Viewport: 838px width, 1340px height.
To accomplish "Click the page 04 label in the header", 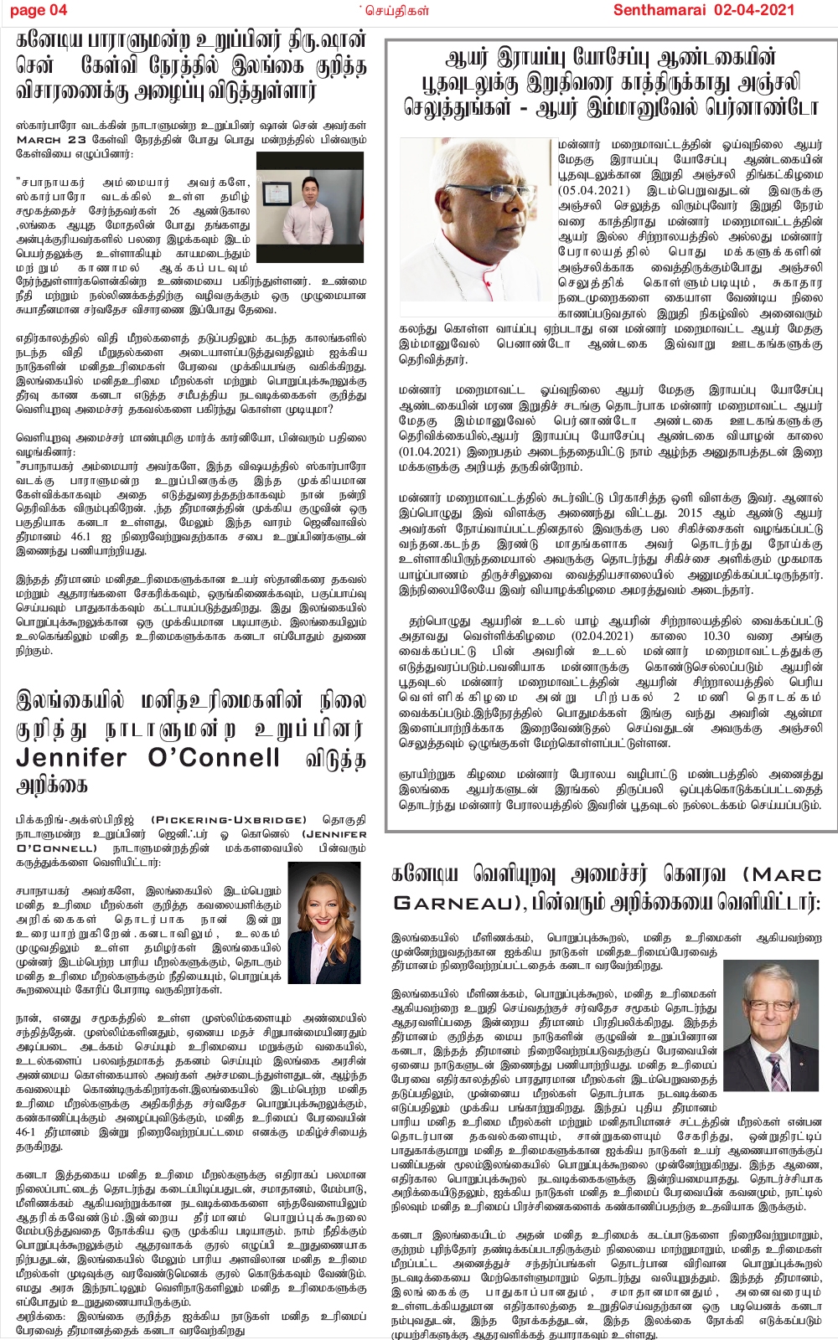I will tap(39, 10).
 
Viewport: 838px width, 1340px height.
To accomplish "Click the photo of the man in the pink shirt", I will tap(309, 209).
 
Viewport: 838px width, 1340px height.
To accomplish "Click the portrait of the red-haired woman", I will tap(323, 922).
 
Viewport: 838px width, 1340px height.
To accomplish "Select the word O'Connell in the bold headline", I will tap(213, 758).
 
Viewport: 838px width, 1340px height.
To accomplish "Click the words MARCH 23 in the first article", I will tap(51, 140).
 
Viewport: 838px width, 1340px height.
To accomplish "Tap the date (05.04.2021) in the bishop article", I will tap(594, 190).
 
